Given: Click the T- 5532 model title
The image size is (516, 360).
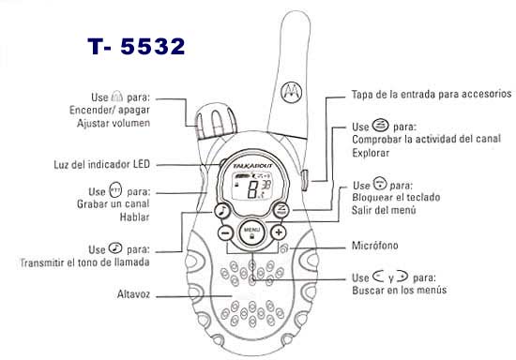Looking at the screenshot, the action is pyautogui.click(x=136, y=46).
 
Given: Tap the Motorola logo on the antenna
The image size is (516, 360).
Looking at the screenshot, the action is pyautogui.click(x=291, y=90).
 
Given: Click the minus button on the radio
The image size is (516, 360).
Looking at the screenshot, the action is pyautogui.click(x=225, y=233).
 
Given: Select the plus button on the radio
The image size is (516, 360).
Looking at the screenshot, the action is pyautogui.click(x=279, y=232).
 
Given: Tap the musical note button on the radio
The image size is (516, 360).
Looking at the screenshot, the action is pyautogui.click(x=222, y=210).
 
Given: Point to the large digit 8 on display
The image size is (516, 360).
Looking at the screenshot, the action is pyautogui.click(x=252, y=190).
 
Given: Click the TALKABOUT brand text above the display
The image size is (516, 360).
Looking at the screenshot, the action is pyautogui.click(x=252, y=166).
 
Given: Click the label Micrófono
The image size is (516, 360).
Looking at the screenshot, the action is pyautogui.click(x=375, y=246).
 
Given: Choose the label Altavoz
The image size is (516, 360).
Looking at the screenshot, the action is pyautogui.click(x=133, y=294).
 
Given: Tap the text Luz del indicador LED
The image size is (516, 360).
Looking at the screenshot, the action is pyautogui.click(x=101, y=164).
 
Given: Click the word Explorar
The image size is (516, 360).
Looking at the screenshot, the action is pyautogui.click(x=371, y=153).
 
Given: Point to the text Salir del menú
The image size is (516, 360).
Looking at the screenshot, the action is pyautogui.click(x=384, y=210).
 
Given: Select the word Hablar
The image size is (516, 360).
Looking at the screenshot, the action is pyautogui.click(x=134, y=217).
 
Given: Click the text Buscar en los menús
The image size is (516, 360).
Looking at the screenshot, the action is pyautogui.click(x=399, y=290).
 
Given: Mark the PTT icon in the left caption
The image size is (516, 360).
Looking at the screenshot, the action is pyautogui.click(x=115, y=189).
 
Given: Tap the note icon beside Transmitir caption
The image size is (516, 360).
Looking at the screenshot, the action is pyautogui.click(x=115, y=247).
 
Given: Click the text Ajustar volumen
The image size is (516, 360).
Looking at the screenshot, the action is pyautogui.click(x=114, y=124).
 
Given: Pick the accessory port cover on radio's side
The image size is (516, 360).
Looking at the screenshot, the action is pyautogui.click(x=304, y=180).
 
